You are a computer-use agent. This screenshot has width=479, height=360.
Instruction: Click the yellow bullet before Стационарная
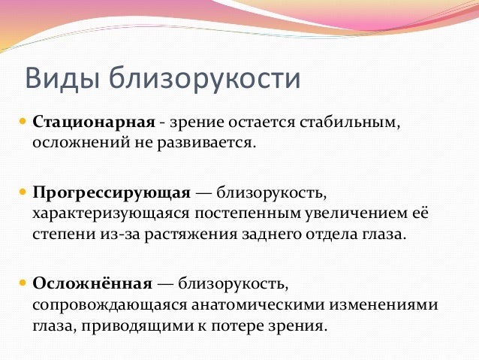click(x=23, y=122)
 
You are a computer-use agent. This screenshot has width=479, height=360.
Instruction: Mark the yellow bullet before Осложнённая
click(x=23, y=283)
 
